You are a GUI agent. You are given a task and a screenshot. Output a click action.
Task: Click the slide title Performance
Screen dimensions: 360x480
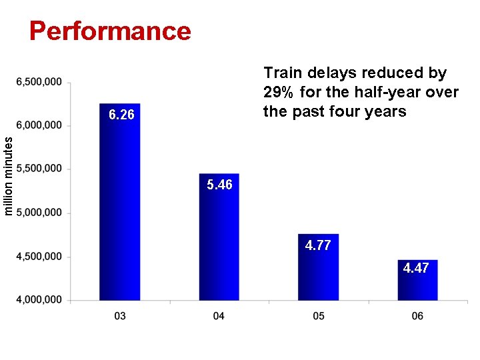[x=110, y=31]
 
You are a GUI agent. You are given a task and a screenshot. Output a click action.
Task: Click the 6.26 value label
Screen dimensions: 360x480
[x=121, y=115]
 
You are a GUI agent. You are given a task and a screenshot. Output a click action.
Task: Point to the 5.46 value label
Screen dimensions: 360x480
[x=219, y=185]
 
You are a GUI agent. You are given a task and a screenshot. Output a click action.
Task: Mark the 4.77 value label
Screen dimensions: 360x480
[x=318, y=245]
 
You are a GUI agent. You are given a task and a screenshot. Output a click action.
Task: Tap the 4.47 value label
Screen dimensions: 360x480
[x=416, y=268]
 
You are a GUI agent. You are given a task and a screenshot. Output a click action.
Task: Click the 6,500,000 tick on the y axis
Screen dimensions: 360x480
[x=39, y=82]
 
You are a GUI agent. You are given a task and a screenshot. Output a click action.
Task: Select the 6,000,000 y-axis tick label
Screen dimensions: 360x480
[x=39, y=125]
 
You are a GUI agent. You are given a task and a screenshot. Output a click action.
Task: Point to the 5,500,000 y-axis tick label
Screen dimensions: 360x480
[x=39, y=169]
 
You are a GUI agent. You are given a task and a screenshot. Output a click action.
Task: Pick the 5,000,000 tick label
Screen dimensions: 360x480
[x=39, y=213]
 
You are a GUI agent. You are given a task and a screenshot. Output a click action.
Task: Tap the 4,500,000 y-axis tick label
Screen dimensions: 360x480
[x=39, y=257]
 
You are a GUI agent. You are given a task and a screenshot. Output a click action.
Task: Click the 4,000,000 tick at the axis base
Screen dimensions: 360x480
[x=39, y=300]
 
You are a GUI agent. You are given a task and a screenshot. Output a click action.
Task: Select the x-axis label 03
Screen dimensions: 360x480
[x=120, y=315]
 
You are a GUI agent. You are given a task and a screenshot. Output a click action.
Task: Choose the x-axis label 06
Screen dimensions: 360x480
[x=417, y=315]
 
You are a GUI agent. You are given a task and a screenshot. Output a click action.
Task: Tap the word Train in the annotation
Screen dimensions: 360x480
[x=281, y=72]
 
